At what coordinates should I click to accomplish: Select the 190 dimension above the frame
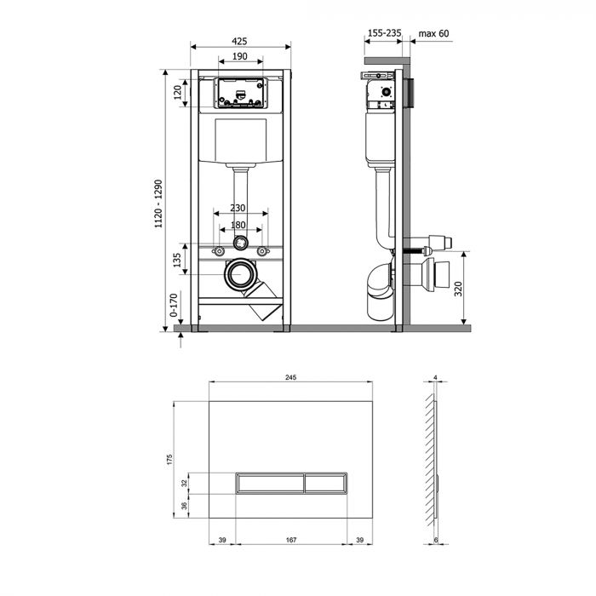coord(240,55)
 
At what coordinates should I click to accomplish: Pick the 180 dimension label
coord(240,225)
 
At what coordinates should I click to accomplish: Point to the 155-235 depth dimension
coord(383,34)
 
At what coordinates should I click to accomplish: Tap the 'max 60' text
coord(434,34)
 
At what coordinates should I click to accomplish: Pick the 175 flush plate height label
coord(173,459)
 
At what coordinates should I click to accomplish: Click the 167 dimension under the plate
coord(291,540)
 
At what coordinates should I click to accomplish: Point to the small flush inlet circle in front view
coord(241,241)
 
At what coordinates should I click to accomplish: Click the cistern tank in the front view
coord(240,140)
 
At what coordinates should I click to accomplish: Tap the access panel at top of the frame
coord(240,94)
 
